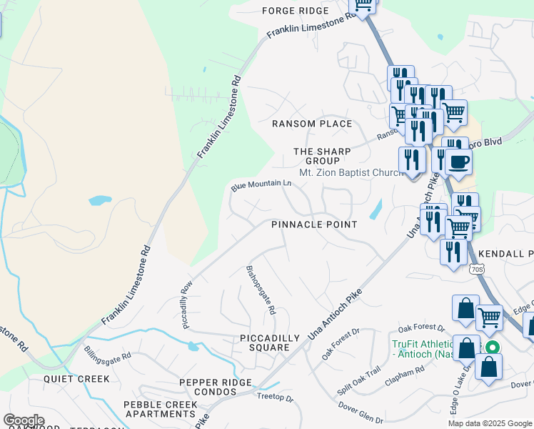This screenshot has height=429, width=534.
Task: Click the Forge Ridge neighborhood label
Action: [x=294, y=11]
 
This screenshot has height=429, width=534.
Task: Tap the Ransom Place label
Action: [x=312, y=124]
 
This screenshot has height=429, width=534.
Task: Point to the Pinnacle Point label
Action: [x=313, y=225]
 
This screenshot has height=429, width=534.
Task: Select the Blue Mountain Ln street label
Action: [x=261, y=185]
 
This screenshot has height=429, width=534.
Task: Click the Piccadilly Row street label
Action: [x=188, y=304]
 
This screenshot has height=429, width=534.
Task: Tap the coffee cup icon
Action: [x=458, y=161]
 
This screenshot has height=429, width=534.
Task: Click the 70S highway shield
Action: [x=478, y=270]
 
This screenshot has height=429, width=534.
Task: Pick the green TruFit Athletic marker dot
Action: [x=492, y=348]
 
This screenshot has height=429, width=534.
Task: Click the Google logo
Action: [x=24, y=420]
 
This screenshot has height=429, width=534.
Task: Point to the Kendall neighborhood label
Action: [x=505, y=254]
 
